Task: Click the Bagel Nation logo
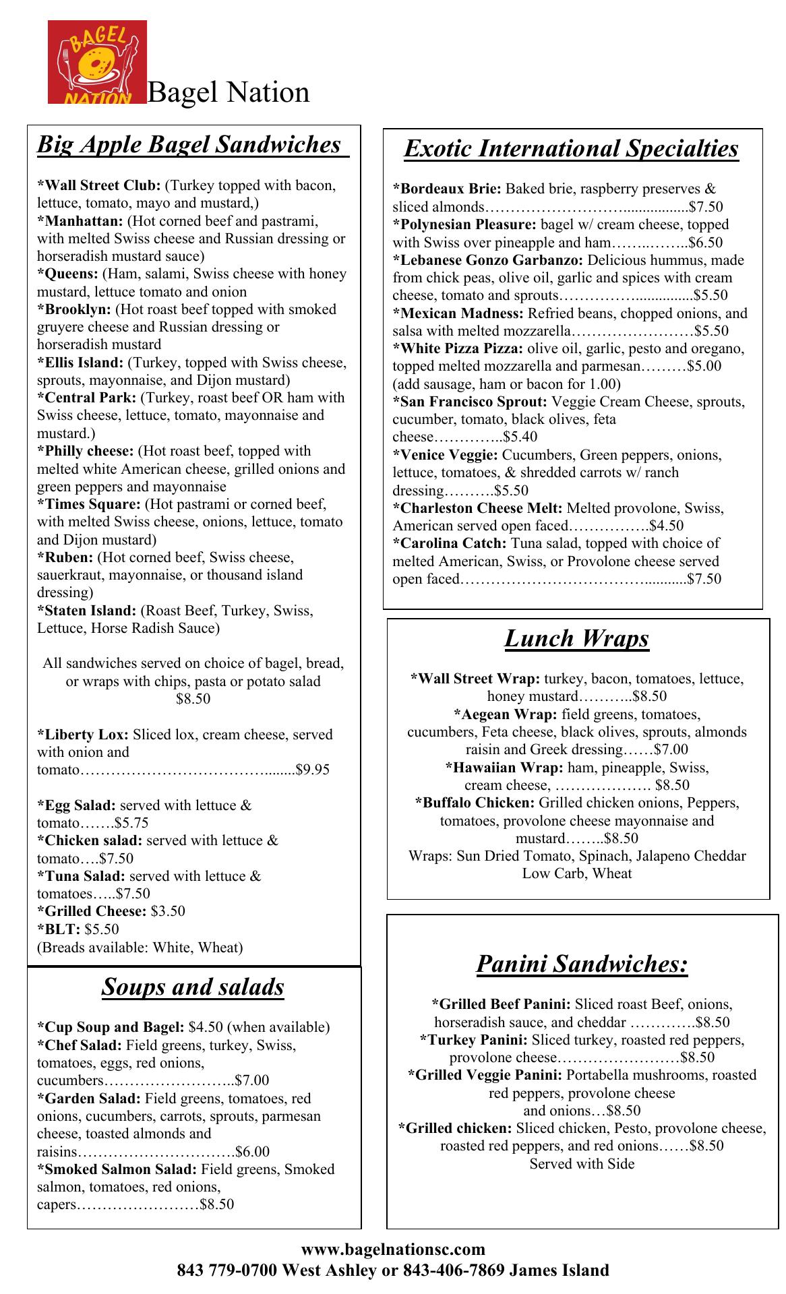coord(97,62)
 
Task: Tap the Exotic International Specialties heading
coord(571,149)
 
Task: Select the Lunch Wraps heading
coord(576,638)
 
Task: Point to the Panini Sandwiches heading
coord(582,964)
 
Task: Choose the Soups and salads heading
coord(193,987)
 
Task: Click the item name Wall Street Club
coord(99,185)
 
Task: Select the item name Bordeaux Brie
coord(447,189)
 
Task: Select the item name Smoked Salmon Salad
coord(117,1169)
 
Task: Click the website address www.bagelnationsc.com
coord(393,1251)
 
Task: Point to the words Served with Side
coord(582,1164)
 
